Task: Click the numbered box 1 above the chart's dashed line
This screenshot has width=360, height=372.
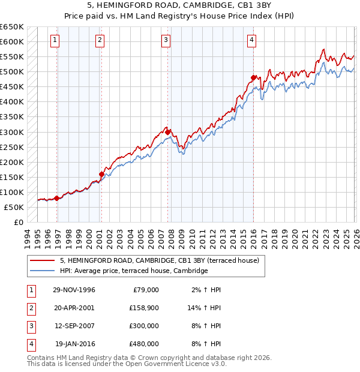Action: click(x=55, y=40)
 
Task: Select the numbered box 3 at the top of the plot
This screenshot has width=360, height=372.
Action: click(x=166, y=40)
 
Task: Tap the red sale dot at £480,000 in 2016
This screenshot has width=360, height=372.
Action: click(x=254, y=77)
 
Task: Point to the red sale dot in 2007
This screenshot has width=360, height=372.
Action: click(x=169, y=132)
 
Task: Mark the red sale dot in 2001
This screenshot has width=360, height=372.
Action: click(x=101, y=175)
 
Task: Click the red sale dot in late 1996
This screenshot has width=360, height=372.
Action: click(x=56, y=198)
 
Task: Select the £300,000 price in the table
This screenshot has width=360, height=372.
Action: click(x=144, y=327)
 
